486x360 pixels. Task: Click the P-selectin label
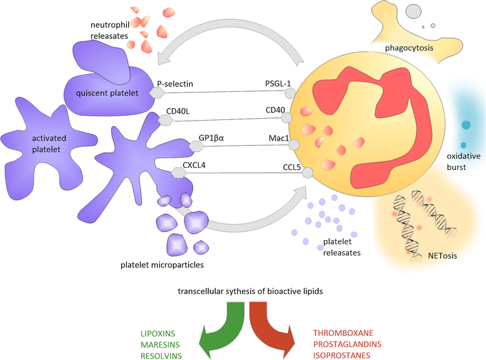pos(175,84)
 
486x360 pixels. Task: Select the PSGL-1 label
pos(278,84)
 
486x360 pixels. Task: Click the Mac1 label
pos(278,136)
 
